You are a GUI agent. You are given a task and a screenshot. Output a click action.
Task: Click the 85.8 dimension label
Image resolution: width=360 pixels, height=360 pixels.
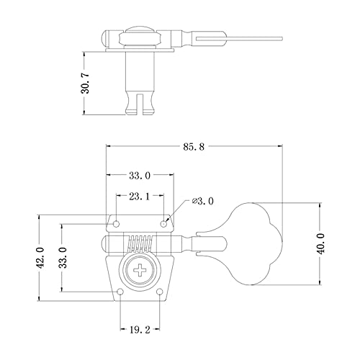pyautogui.click(x=194, y=147)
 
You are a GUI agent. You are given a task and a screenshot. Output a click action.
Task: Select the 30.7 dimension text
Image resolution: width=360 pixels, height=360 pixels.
pyautogui.click(x=85, y=84)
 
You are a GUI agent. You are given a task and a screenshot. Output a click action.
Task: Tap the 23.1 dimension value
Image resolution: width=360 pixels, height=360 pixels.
pyautogui.click(x=140, y=197)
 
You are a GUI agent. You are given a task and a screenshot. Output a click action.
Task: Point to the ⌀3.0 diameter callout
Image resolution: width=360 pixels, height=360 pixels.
pyautogui.click(x=202, y=201)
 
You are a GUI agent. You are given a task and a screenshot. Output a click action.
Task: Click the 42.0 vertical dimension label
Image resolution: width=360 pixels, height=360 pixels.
pyautogui.click(x=41, y=258)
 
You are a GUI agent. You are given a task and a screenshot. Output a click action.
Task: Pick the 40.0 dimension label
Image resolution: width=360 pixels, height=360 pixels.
pyautogui.click(x=321, y=243)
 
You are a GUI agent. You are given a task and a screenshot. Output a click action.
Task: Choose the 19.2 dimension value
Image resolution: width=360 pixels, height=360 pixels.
pyautogui.click(x=140, y=330)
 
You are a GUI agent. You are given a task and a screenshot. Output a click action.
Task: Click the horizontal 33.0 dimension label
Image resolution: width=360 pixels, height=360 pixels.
pyautogui.click(x=140, y=176)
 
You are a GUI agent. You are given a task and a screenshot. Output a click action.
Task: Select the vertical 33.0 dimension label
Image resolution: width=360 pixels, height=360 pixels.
pyautogui.click(x=63, y=258)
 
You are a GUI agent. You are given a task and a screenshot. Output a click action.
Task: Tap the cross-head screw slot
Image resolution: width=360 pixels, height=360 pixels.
pyautogui.click(x=140, y=271)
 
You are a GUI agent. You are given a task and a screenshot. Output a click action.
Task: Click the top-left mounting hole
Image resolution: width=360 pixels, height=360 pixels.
pyautogui.click(x=117, y=224)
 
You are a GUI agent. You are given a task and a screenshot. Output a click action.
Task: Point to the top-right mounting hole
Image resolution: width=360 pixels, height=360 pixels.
pyautogui.click(x=164, y=224)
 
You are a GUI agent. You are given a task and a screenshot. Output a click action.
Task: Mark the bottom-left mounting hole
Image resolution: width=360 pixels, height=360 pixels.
pyautogui.click(x=120, y=292)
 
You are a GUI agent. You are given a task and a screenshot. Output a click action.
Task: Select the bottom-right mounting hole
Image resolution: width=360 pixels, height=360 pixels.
pyautogui.click(x=160, y=292)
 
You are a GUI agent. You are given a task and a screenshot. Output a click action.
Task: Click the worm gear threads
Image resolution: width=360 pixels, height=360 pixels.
pyautogui.click(x=140, y=243)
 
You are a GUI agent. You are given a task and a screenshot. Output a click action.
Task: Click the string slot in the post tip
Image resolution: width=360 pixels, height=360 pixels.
pyautogui.click(x=140, y=104)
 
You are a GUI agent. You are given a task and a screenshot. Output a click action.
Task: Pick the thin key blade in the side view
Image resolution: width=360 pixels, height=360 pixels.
pyautogui.click(x=239, y=38)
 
